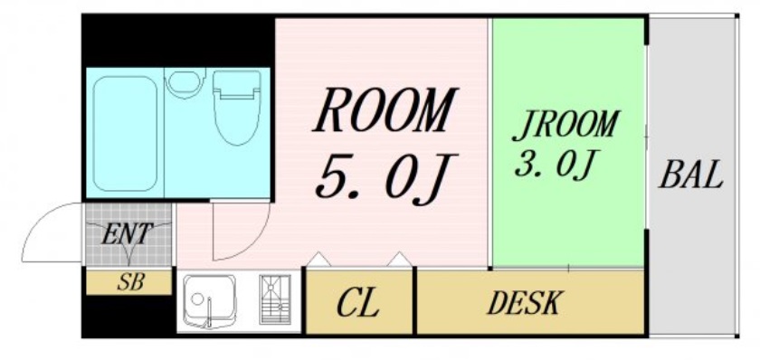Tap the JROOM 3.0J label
pyautogui.click(x=565, y=145)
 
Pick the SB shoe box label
pyautogui.click(x=129, y=281)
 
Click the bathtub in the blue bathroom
pyautogui.click(x=125, y=132)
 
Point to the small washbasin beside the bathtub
pyautogui.click(x=185, y=84)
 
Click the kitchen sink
pyautogui.click(x=208, y=299)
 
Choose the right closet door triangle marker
pyautogui.click(x=398, y=261)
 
